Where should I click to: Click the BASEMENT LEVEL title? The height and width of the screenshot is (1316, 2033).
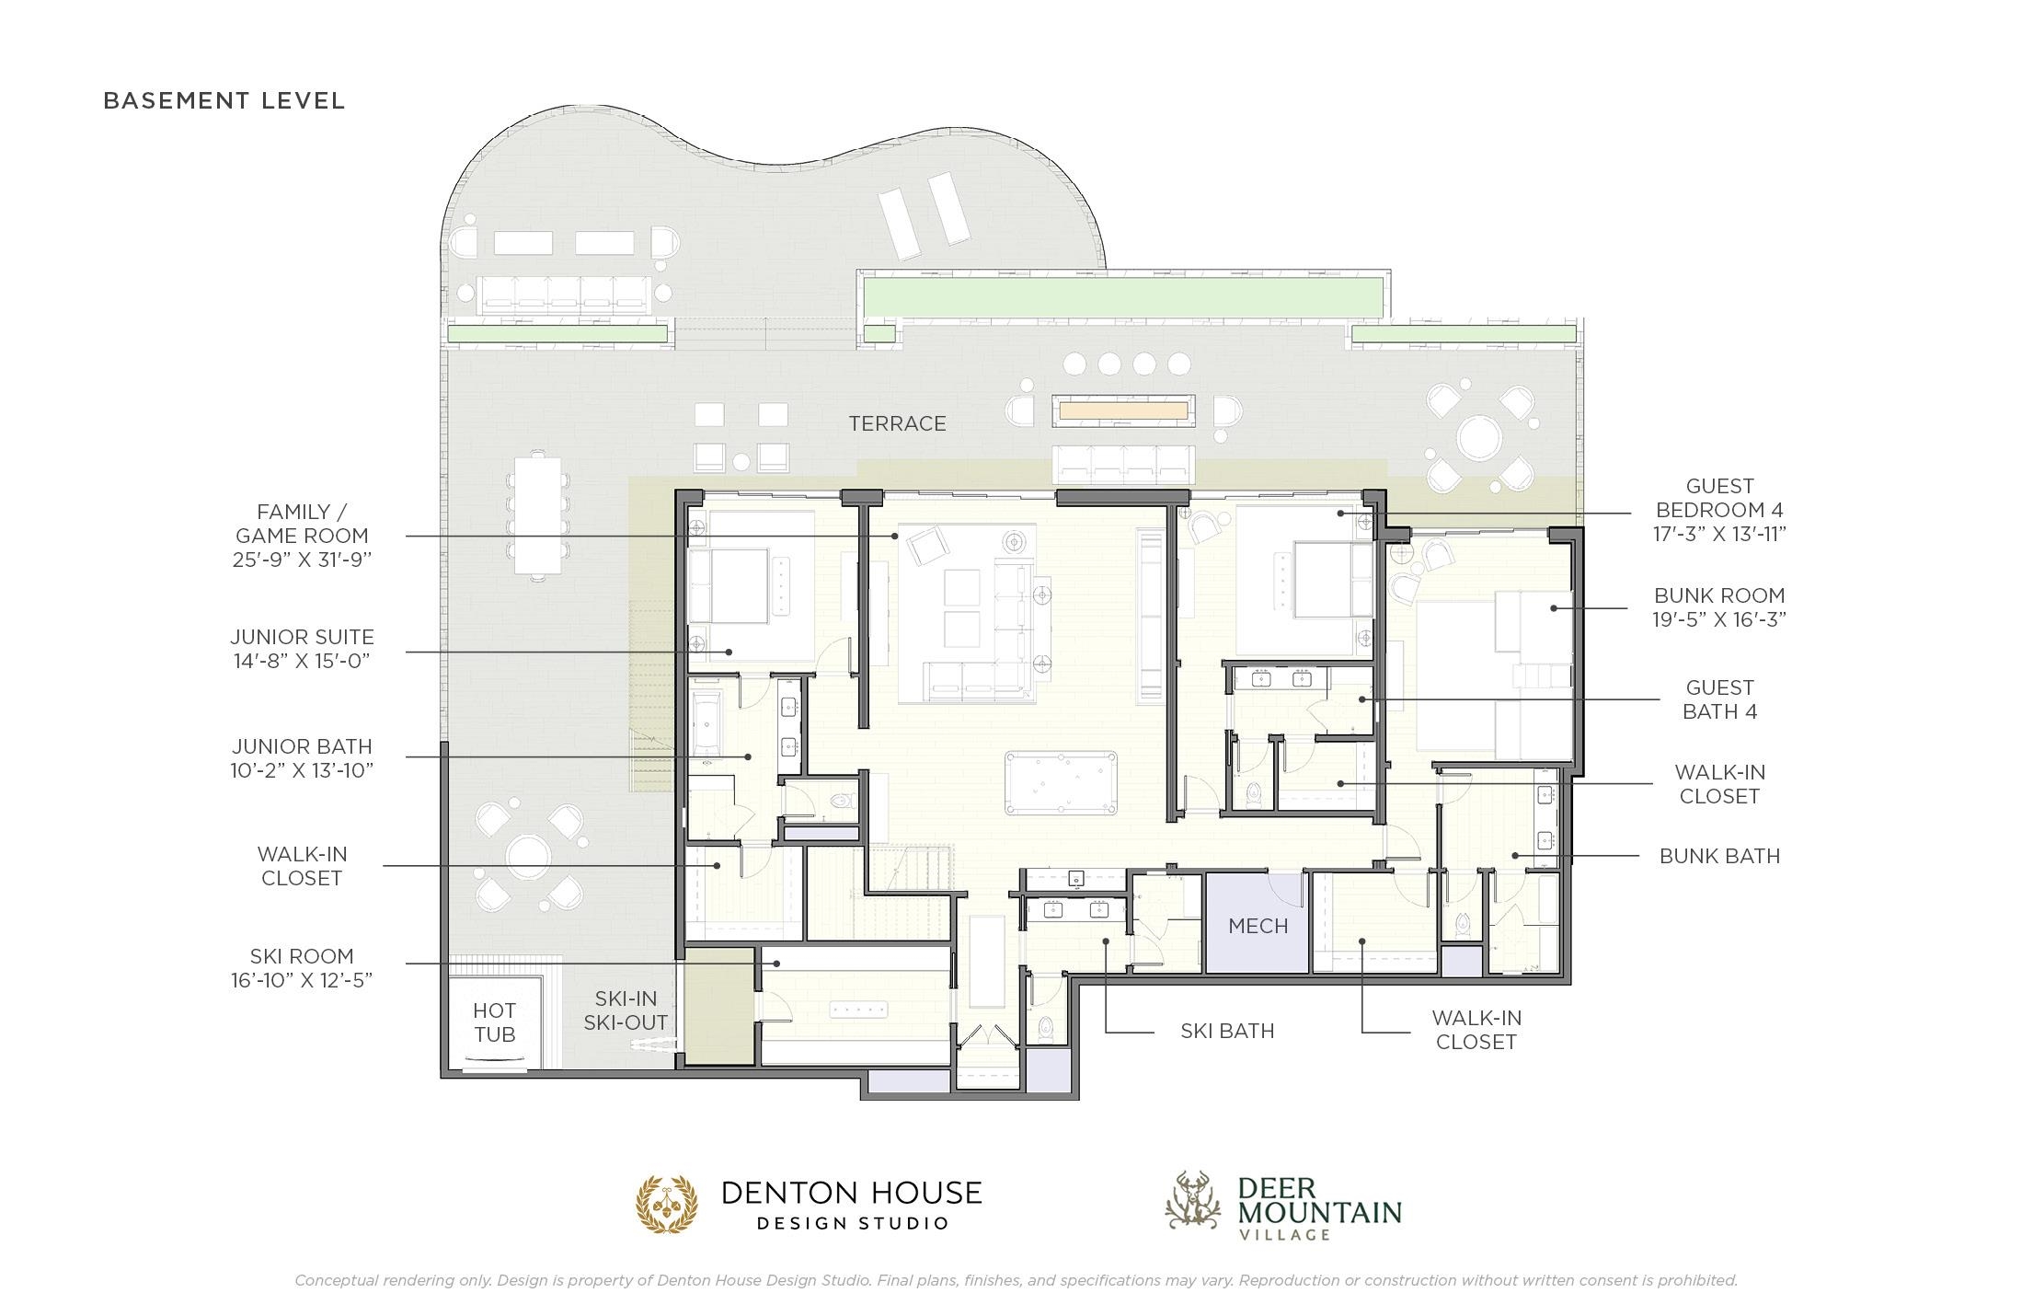[224, 100]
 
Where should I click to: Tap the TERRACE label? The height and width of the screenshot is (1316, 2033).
[897, 423]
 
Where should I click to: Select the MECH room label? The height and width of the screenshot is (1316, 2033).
[1258, 926]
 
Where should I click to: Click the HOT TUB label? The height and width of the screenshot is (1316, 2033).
[495, 1022]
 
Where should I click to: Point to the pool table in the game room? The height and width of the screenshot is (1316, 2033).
[1062, 783]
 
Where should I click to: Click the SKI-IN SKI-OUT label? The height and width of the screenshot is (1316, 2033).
[626, 1010]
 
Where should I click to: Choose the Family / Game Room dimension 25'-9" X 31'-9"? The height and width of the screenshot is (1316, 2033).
[302, 560]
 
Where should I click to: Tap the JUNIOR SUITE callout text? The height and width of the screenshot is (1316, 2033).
[302, 637]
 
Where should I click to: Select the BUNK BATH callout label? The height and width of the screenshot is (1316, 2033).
[1719, 856]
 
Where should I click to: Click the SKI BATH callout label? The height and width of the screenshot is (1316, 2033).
[1227, 1031]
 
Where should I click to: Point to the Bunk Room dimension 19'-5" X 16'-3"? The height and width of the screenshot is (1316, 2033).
[1719, 619]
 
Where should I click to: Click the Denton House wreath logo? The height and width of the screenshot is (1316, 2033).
[668, 1204]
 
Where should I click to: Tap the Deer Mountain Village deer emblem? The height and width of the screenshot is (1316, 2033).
[1193, 1200]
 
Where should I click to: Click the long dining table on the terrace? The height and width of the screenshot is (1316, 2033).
[537, 515]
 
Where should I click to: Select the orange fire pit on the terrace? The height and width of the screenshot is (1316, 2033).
[1124, 410]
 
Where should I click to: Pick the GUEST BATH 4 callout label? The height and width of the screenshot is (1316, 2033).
[1719, 699]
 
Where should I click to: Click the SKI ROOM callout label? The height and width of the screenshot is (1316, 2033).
[302, 956]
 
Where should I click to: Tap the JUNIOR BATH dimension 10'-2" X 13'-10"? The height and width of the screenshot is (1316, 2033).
[302, 769]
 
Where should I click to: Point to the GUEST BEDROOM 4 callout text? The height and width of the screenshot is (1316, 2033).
[1719, 498]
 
